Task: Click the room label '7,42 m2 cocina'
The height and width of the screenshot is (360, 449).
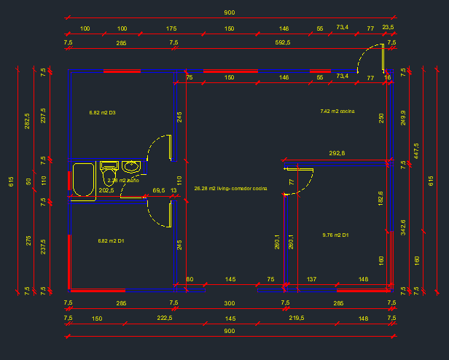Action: pyautogui.click(x=337, y=111)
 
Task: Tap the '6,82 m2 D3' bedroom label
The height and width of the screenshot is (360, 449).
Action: pyautogui.click(x=103, y=113)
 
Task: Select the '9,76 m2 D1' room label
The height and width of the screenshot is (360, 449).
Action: pyautogui.click(x=335, y=235)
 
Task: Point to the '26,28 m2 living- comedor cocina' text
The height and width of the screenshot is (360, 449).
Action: pyautogui.click(x=230, y=189)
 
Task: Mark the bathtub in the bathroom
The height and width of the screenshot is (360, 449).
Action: pyautogui.click(x=82, y=180)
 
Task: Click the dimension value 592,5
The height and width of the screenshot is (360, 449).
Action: pyautogui.click(x=283, y=43)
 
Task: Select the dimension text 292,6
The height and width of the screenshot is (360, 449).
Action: pyautogui.click(x=337, y=153)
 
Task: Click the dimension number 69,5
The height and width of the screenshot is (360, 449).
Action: pyautogui.click(x=157, y=190)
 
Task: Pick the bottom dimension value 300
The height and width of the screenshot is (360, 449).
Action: pyautogui.click(x=230, y=302)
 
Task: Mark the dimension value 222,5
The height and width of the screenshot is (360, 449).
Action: pyautogui.click(x=165, y=318)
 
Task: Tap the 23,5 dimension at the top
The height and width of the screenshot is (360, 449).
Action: pyautogui.click(x=388, y=28)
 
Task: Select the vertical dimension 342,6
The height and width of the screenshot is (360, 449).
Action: pyautogui.click(x=403, y=227)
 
